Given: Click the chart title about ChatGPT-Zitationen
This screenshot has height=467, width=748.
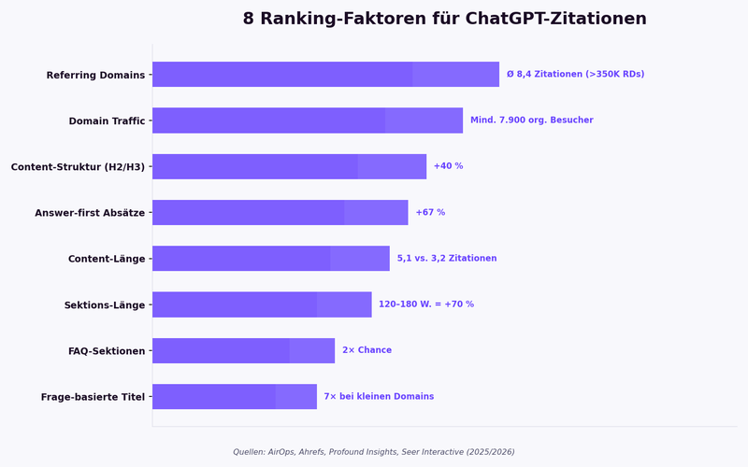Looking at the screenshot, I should coord(444,19).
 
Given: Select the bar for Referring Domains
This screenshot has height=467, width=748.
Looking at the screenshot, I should coord(325,75).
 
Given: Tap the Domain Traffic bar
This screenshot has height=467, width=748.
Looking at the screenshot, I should coord(307,120).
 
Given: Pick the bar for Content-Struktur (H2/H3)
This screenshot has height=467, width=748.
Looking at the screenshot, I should coord(289,166).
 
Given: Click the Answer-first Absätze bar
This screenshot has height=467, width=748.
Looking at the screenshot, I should coord(280,212).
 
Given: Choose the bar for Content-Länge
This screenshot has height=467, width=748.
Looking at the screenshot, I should coord(270,259).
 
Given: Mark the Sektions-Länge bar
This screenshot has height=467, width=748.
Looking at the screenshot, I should coord(262,304).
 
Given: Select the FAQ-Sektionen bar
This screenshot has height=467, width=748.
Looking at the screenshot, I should coord(243,350).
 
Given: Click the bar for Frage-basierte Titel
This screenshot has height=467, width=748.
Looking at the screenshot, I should coord(234,397).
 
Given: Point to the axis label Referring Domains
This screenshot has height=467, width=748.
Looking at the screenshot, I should coord(95,75).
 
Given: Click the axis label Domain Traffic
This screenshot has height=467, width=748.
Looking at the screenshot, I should coord(107,121).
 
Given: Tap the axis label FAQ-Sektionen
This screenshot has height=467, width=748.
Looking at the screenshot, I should coord(107,351).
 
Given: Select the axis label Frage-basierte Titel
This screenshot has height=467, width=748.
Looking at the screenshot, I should coord(93,397).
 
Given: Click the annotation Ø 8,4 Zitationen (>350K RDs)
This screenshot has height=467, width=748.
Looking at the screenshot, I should coord(575,75).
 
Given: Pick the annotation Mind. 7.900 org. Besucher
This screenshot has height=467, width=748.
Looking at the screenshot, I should coord(531,120).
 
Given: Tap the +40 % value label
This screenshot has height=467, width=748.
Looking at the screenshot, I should coord(448,166).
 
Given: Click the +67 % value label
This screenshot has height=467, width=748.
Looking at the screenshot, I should coord(430,212).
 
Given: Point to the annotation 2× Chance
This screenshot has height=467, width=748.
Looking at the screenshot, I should coord(367,350).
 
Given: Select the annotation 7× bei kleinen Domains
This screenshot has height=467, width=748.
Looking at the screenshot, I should coord(379,397).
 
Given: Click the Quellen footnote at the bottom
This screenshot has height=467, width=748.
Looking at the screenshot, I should coord(374,452).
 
